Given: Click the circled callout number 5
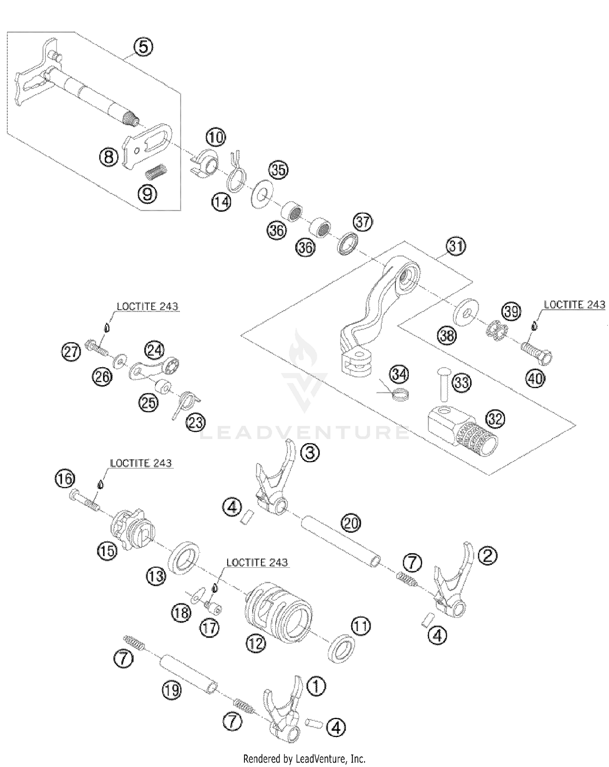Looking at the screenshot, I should (x=144, y=47).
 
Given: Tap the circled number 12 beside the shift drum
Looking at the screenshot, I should (x=256, y=643).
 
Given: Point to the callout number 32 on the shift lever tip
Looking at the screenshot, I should (x=495, y=419).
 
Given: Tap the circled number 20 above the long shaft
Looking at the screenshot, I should (x=351, y=523).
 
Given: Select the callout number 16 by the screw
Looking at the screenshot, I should (x=65, y=479).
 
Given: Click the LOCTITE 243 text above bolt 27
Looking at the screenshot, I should (x=147, y=307).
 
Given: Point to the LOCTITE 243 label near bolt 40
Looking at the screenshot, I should (x=574, y=305).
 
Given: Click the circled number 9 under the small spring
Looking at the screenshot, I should (x=148, y=194).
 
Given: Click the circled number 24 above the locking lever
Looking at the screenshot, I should (x=154, y=350).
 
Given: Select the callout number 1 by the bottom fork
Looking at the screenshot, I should (x=317, y=687).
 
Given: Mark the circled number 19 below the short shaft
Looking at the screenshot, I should (x=171, y=689).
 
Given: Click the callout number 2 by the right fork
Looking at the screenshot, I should (x=487, y=556).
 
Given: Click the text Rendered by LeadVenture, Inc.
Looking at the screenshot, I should (x=304, y=758).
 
